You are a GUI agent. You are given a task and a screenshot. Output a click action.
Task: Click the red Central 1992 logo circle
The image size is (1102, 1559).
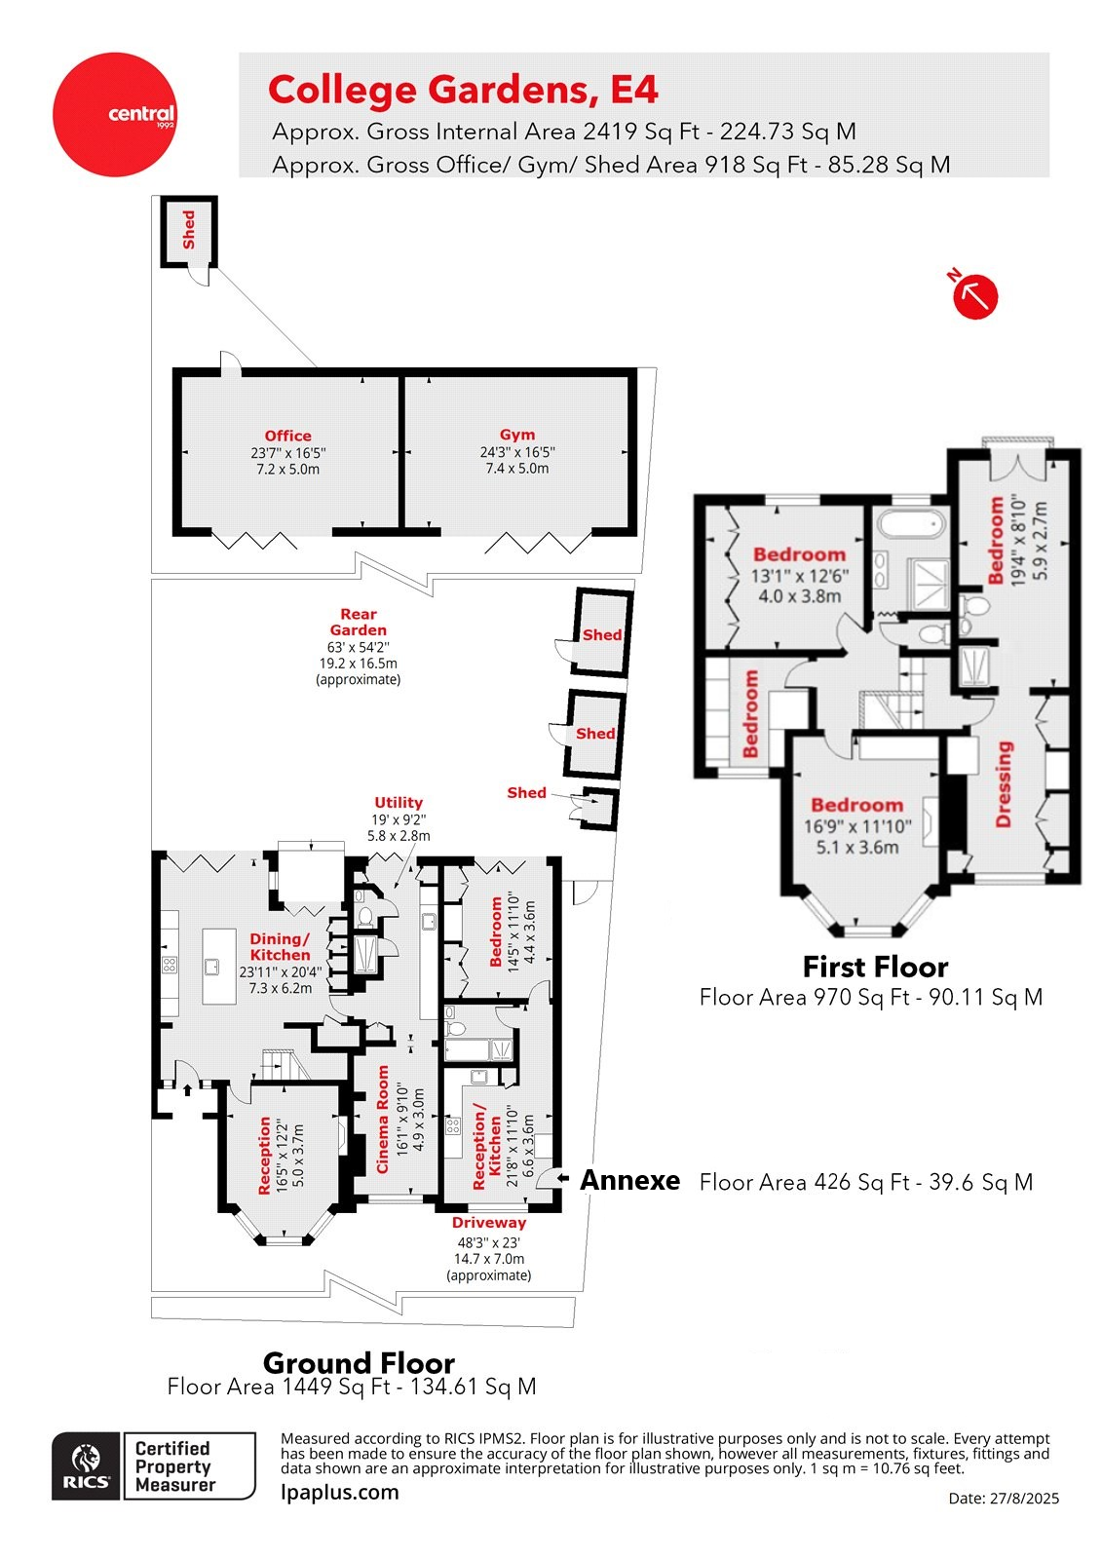pyautogui.click(x=115, y=115)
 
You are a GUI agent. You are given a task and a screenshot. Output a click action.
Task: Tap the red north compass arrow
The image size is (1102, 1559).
pyautogui.click(x=974, y=296)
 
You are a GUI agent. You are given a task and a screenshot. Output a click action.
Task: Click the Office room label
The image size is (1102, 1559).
pyautogui.click(x=287, y=436)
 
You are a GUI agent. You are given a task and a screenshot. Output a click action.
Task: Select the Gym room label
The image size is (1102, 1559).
pyautogui.click(x=516, y=435)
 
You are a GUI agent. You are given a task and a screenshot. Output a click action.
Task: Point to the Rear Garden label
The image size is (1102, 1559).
pyautogui.click(x=358, y=622)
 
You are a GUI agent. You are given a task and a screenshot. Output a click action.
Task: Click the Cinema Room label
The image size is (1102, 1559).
pyautogui.click(x=383, y=1119)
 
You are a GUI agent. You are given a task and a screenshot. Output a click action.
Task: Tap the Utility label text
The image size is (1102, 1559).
pyautogui.click(x=399, y=802)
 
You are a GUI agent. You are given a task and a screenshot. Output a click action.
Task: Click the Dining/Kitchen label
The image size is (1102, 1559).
pyautogui.click(x=280, y=946)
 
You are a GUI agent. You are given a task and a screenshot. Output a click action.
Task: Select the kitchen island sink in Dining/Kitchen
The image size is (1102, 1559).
pyautogui.click(x=211, y=967)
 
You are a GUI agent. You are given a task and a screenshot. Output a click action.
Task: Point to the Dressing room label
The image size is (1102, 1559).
pyautogui.click(x=1005, y=784)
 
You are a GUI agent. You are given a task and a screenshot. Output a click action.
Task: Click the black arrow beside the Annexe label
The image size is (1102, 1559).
pyautogui.click(x=563, y=1179)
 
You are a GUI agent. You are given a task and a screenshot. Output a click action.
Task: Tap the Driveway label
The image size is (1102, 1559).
pyautogui.click(x=488, y=1222)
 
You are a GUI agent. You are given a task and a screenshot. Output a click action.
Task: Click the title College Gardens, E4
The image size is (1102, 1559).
pyautogui.click(x=463, y=90)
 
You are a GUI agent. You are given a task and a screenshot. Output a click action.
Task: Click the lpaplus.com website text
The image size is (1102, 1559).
pyautogui.click(x=339, y=1492)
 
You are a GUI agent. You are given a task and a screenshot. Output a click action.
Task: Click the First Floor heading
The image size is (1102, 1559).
pyautogui.click(x=875, y=967)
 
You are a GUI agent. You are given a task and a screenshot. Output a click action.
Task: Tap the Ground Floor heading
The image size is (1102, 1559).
pyautogui.click(x=359, y=1362)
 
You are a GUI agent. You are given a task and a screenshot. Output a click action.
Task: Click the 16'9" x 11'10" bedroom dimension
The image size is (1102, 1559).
pyautogui.click(x=856, y=826)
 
